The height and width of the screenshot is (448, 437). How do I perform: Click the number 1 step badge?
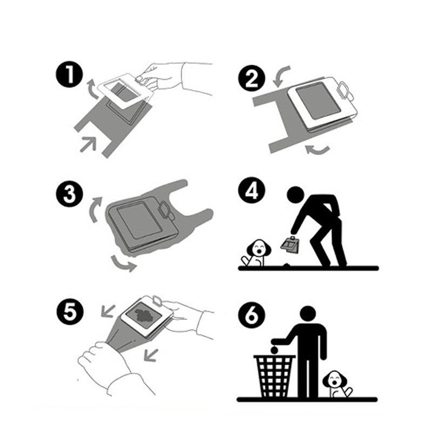[69, 76]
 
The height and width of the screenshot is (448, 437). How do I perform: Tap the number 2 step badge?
[252, 78]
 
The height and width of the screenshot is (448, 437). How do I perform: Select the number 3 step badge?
[69, 193]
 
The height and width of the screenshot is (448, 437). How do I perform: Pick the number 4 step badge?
[252, 191]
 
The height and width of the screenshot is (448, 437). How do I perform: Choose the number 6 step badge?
[252, 316]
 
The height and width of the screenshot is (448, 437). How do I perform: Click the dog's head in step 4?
[259, 248]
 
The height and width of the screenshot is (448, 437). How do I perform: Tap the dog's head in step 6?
[335, 379]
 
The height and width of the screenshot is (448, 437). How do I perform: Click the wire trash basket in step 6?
[274, 376]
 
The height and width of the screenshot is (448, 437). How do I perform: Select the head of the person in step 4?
[295, 195]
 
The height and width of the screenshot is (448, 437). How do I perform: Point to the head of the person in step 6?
[307, 313]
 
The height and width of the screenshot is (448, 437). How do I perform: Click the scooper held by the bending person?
[290, 245]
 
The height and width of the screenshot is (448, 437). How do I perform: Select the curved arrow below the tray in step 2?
[317, 150]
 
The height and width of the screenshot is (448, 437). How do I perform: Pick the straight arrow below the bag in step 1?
[88, 144]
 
